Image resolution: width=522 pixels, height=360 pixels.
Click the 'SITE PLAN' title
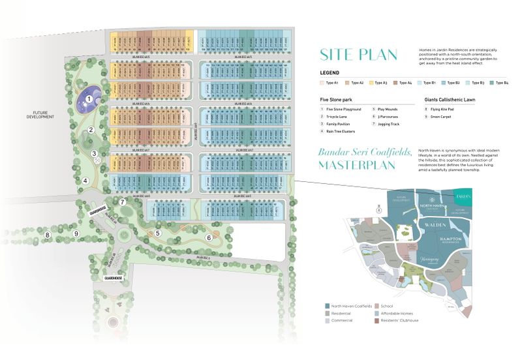click(359, 54)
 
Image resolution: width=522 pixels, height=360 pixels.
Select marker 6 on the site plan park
click(209, 237)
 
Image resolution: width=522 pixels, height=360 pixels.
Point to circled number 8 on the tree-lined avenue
click(47, 235)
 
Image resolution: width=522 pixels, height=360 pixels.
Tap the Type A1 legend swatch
click(322, 83)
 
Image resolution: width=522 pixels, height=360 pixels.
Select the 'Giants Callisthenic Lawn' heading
click(451, 98)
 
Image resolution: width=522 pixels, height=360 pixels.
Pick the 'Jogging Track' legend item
click(388, 123)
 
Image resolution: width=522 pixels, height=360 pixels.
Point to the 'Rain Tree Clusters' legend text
click(339, 131)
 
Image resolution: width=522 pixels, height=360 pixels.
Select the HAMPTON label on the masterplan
click(449, 239)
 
